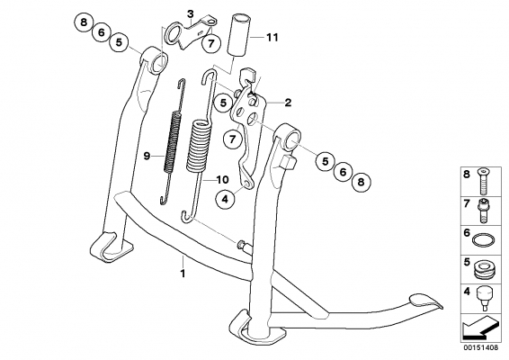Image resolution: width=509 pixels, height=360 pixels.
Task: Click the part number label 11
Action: pos(272,38)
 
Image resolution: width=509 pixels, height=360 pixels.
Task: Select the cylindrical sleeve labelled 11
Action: pos(239,35)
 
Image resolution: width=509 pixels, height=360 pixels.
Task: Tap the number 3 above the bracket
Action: pos(191,14)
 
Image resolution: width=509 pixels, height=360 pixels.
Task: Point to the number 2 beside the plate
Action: pos(288,103)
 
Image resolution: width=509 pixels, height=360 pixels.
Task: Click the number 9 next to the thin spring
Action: pos(147,157)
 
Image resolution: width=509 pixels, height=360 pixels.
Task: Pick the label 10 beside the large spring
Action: pos(223,180)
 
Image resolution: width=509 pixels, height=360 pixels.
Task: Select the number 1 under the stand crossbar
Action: pos(183,274)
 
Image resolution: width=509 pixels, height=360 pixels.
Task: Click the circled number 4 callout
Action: pos(226,199)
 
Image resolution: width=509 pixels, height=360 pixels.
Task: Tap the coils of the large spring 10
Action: pos(199,146)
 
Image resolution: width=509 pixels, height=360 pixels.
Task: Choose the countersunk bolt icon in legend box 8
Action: pos(483,181)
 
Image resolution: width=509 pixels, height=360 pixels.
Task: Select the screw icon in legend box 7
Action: pos(483,211)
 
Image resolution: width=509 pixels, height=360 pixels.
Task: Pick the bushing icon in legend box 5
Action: pos(484,270)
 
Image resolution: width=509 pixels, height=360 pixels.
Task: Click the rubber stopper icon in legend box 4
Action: pos(484,298)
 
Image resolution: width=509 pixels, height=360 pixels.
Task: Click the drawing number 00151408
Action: pos(481,347)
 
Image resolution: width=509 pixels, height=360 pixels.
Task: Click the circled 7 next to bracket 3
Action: pos(211,43)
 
